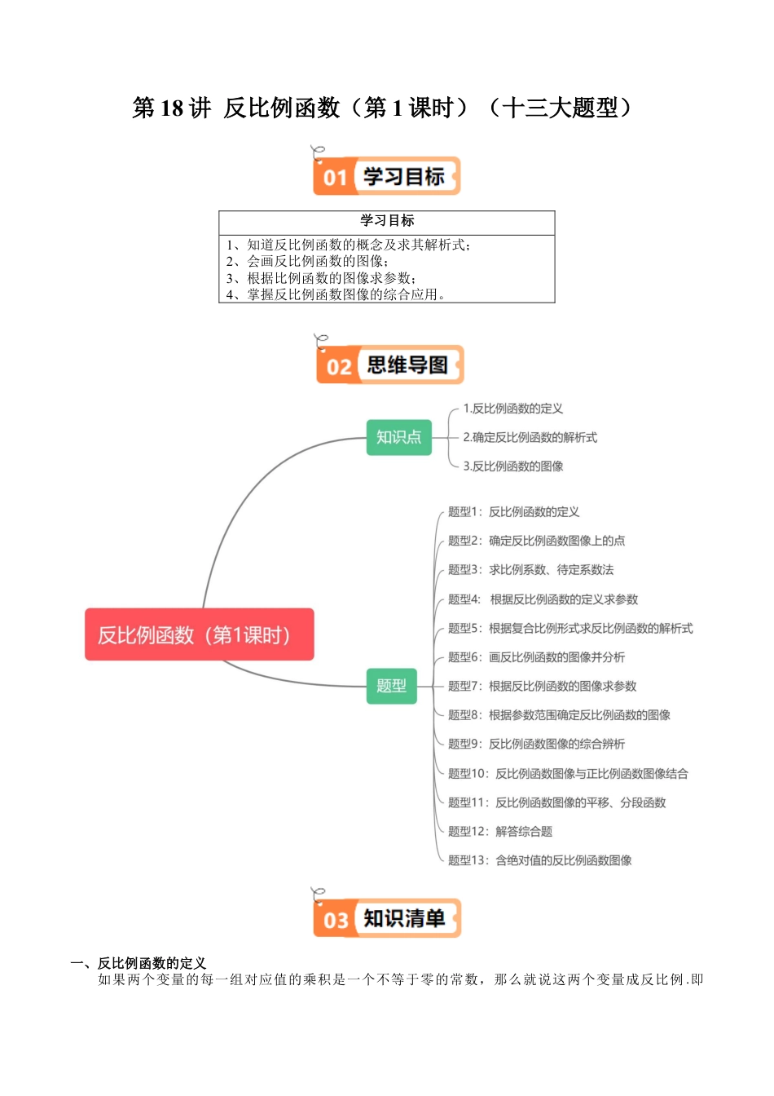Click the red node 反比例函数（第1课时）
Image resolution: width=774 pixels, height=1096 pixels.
(199, 634)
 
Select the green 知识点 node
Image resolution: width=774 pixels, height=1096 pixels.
(398, 437)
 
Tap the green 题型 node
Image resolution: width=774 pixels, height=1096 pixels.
(391, 686)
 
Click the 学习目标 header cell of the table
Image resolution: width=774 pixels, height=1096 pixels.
(387, 221)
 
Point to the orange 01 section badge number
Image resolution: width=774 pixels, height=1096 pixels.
(335, 177)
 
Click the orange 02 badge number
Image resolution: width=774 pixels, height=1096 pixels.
(338, 366)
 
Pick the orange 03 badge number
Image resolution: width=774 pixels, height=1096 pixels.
(336, 920)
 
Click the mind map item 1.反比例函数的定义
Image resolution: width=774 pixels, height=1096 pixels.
(512, 409)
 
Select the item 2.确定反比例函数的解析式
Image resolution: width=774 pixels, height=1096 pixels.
(530, 438)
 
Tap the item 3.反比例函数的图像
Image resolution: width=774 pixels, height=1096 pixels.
(512, 466)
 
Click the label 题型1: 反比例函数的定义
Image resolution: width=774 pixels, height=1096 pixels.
(513, 512)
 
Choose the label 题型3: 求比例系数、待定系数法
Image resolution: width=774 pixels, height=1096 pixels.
(530, 570)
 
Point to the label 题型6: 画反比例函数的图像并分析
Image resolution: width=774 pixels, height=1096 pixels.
(536, 657)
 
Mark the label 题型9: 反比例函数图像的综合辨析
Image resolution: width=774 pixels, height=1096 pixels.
(536, 744)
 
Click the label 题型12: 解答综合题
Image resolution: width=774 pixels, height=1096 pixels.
(499, 831)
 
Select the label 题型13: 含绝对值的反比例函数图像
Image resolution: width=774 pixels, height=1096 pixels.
(539, 860)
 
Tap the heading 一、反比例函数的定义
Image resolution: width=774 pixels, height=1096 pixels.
(139, 963)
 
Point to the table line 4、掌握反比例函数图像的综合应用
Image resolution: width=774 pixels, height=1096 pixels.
(335, 294)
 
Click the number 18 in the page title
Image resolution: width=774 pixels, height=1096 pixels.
(172, 108)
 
